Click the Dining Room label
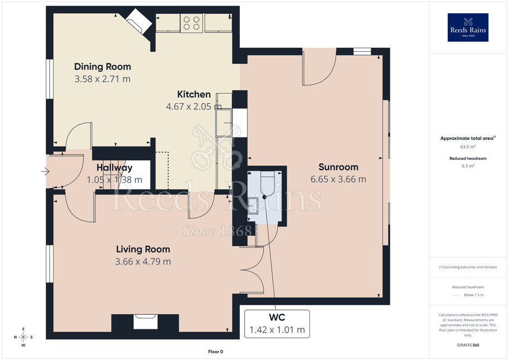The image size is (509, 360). point(103,66)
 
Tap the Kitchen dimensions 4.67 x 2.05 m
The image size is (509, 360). point(194,106)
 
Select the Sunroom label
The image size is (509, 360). point(338,167)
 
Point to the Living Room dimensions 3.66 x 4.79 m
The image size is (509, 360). point(143,261)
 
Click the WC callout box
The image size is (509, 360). point(277,324)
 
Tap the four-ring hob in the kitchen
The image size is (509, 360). point(192,23)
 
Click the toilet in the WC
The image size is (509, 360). point(268,184)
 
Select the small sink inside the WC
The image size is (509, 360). point(253,206)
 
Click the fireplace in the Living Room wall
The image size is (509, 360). point(146,322)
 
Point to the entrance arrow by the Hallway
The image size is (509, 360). point(45,171)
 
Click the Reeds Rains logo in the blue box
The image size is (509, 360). point(468,28)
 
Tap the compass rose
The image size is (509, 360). point(23,337)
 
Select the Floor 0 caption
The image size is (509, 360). point(216,352)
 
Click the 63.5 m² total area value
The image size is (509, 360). point(468,147)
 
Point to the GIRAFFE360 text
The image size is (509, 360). point(468,345)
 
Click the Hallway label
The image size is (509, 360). point(114,168)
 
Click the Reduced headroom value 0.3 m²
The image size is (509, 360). point(468,166)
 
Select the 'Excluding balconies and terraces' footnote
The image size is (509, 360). point(468,267)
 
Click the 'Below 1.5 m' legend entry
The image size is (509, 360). point(474,295)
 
